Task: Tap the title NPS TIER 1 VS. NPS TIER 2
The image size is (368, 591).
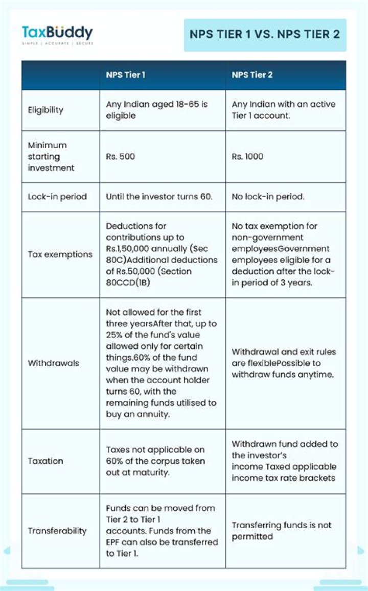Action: pyautogui.click(x=265, y=34)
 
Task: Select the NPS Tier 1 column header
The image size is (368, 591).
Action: pyautogui.click(x=126, y=75)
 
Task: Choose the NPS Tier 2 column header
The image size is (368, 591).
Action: pyautogui.click(x=252, y=75)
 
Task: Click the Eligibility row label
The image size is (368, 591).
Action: pyautogui.click(x=45, y=110)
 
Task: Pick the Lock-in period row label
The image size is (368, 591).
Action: pyautogui.click(x=57, y=197)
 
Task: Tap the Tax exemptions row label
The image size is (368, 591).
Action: pyautogui.click(x=60, y=254)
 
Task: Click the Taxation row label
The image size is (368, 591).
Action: pyautogui.click(x=45, y=461)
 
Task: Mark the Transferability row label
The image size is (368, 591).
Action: pyautogui.click(x=57, y=531)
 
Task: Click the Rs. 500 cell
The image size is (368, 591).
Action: pyautogui.click(x=121, y=156)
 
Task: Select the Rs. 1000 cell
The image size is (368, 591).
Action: pyautogui.click(x=248, y=156)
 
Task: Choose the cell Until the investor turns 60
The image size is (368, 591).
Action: pyautogui.click(x=159, y=197)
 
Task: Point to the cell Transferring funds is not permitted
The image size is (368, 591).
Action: pyautogui.click(x=282, y=531)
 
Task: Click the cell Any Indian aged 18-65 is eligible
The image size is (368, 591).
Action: pyautogui.click(x=156, y=110)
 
